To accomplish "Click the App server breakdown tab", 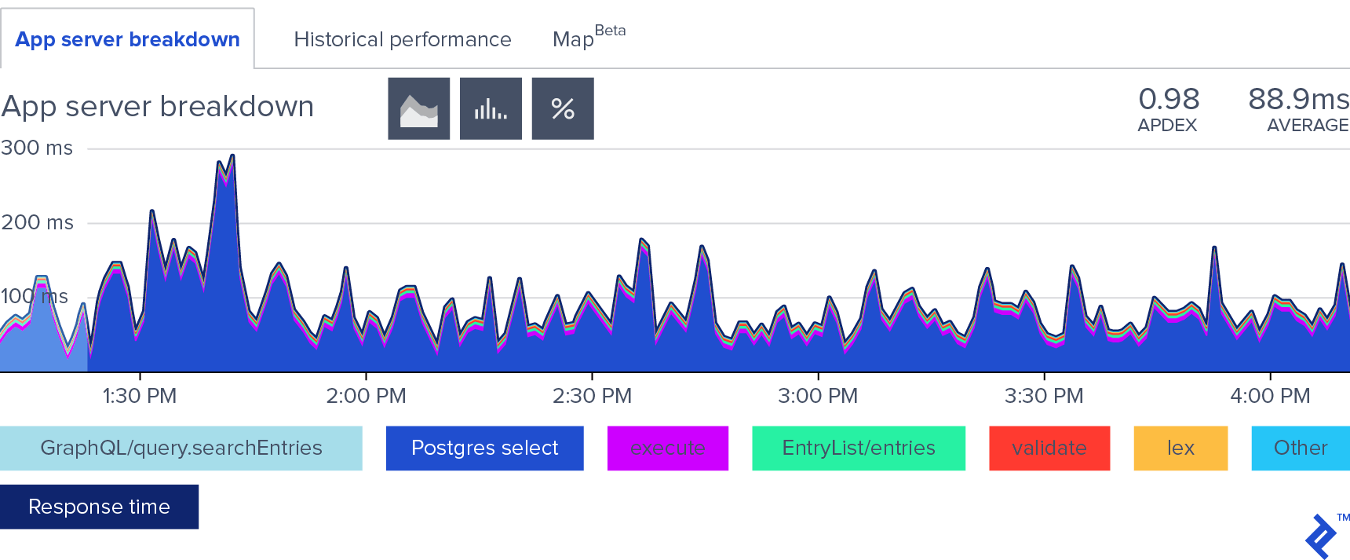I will click(x=127, y=39).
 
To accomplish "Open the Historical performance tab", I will click(x=402, y=39).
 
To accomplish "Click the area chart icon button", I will click(x=419, y=108).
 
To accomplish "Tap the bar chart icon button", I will click(x=491, y=108).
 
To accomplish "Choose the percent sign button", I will click(x=563, y=108).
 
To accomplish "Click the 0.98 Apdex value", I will click(x=1169, y=100).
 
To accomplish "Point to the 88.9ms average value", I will click(x=1298, y=100).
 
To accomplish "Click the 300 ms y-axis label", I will click(x=37, y=148).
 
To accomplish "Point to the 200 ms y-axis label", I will click(x=37, y=222).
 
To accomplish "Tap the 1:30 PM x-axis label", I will click(x=140, y=395).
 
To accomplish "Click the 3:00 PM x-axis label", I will click(x=818, y=395).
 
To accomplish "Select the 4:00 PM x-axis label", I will click(x=1270, y=395).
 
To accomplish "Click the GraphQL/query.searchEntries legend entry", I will click(x=181, y=448).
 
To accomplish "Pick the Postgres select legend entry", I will click(x=484, y=448).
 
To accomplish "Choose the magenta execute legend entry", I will click(x=668, y=448).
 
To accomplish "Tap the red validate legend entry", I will click(x=1049, y=448).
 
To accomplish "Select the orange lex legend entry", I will click(x=1180, y=448).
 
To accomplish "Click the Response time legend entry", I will click(x=99, y=507).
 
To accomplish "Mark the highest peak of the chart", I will click(x=232, y=156).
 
